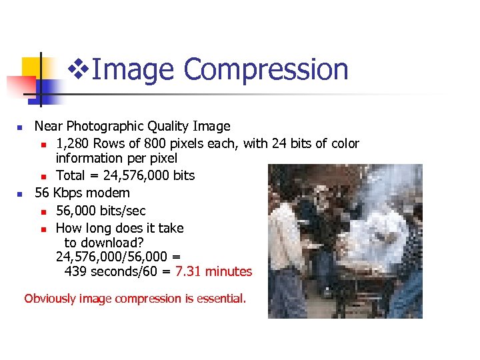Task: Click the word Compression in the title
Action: (265, 69)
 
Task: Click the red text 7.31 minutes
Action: (213, 271)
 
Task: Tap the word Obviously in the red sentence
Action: (49, 299)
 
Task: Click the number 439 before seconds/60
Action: (75, 271)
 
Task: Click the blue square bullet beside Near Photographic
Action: (20, 127)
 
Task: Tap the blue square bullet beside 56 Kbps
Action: (20, 193)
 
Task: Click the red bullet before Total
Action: (43, 176)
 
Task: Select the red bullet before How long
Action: (43, 229)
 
